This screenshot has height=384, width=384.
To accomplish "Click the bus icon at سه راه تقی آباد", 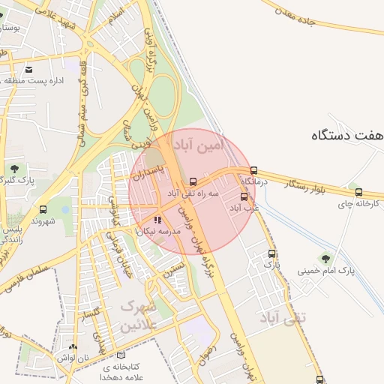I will coord(193,181).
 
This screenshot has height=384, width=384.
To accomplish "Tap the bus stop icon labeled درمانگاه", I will coord(253,170).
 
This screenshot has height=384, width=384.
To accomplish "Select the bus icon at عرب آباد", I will coord(244,196).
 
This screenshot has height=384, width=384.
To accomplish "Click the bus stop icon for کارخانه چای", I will coord(358,192).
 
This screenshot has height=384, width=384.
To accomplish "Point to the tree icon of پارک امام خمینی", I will coord(325,259).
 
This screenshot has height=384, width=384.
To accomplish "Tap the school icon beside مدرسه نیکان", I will coord(157,220).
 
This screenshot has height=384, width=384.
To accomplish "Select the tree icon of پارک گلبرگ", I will coord(13,167).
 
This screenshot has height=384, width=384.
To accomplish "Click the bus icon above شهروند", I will coord(43,210).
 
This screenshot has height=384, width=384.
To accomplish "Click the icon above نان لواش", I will coord(72,346).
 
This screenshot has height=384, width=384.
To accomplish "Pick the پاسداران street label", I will coord(148,169).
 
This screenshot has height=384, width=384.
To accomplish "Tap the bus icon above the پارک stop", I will coord(272,254).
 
